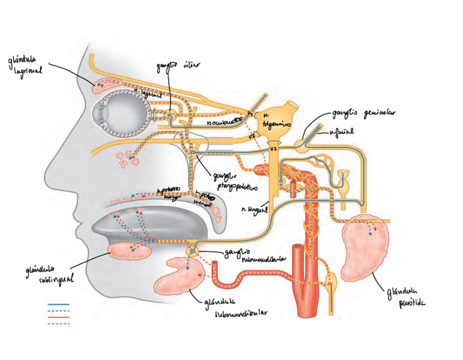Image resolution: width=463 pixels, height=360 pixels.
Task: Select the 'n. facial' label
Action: pyautogui.click(x=341, y=132)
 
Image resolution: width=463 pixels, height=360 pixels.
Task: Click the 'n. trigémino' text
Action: pyautogui.click(x=272, y=121)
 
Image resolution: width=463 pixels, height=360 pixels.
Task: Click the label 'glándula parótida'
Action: pyautogui.click(x=404, y=297)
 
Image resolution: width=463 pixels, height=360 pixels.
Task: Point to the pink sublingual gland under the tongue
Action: pyautogui.click(x=130, y=250)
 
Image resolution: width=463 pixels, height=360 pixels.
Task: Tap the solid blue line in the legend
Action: pyautogui.click(x=58, y=303)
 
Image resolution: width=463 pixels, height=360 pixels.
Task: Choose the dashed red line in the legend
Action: pyautogui.click(x=58, y=323)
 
